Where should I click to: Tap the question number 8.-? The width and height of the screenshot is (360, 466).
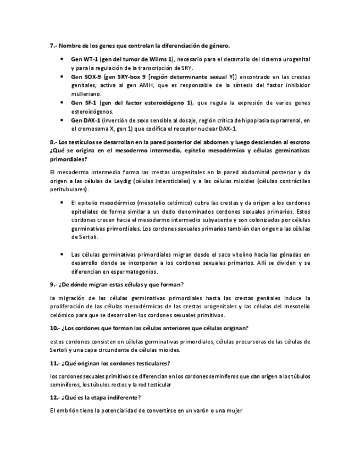click(53, 142)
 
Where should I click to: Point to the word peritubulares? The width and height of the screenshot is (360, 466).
click(68, 189)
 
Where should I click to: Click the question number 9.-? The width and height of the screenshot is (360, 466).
click(53, 285)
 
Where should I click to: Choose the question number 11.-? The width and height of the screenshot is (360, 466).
click(54, 363)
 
